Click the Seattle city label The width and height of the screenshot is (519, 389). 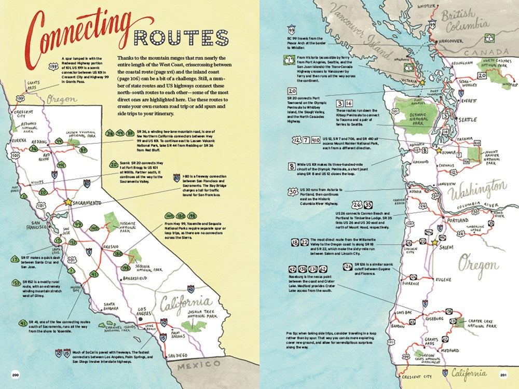467,120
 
